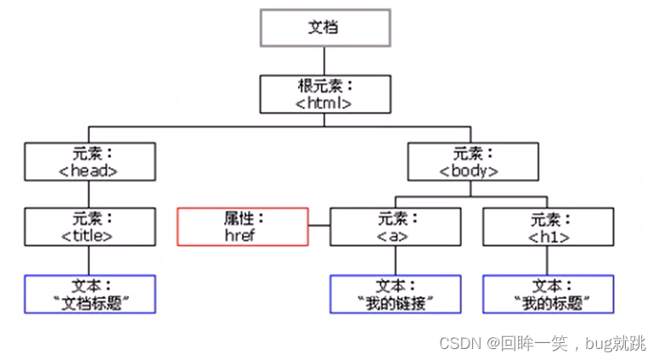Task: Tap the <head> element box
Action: tap(90, 161)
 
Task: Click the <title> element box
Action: tap(90, 227)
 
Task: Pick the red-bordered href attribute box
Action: tap(242, 227)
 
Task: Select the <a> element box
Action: tap(396, 227)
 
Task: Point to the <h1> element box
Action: tap(549, 227)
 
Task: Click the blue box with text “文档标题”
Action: tap(90, 294)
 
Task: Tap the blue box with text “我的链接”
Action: tap(396, 294)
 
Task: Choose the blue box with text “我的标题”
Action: tap(549, 294)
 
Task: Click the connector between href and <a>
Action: tap(319, 227)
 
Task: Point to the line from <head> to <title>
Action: tap(90, 194)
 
